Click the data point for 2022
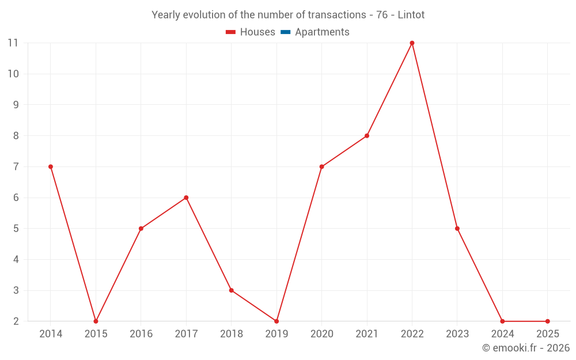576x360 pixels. [412, 43]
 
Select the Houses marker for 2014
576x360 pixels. [51, 167]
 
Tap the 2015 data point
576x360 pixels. [96, 321]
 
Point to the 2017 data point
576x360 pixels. [186, 198]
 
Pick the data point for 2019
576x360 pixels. [276, 321]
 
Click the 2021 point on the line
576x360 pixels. [367, 136]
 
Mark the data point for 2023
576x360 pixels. [457, 229]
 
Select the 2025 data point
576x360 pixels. [548, 321]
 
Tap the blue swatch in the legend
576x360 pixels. [285, 32]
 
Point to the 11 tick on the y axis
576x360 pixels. [13, 43]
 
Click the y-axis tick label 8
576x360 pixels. [16, 136]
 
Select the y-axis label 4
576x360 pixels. [16, 260]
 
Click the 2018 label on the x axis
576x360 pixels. [231, 334]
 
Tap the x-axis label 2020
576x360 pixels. [321, 334]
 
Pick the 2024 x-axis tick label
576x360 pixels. [502, 334]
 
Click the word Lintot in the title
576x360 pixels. [411, 15]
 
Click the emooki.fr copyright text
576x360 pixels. [526, 348]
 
